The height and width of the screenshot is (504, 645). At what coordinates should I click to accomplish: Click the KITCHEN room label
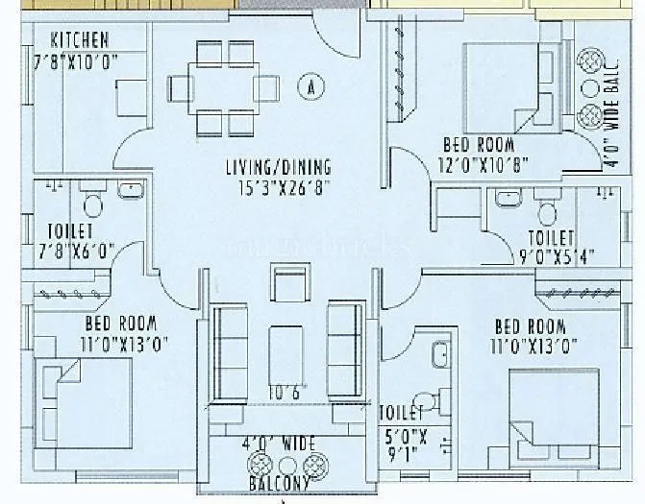(80, 40)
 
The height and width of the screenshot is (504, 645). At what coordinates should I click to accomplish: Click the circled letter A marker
(310, 86)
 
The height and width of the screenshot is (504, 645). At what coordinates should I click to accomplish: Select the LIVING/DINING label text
(278, 167)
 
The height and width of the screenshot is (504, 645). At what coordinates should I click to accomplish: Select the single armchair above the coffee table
(288, 286)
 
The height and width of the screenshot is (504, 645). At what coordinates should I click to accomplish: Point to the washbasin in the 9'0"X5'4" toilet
(507, 199)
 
